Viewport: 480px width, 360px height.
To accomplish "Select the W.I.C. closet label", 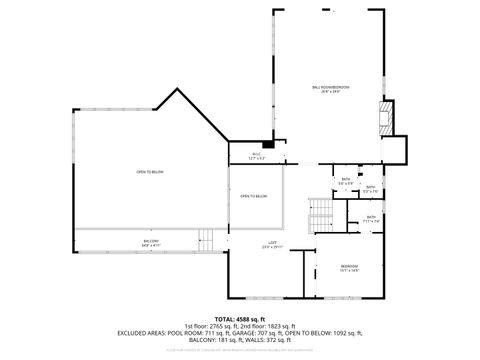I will point(256,155).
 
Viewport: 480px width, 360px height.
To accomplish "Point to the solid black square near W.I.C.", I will point(268,145).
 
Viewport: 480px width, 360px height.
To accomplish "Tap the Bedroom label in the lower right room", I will point(348,266).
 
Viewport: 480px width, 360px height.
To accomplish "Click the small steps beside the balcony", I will point(207,240).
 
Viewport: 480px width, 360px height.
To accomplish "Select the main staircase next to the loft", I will point(320,213).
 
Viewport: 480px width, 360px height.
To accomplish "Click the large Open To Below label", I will point(151,173).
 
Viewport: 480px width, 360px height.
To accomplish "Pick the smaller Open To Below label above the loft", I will point(253,196).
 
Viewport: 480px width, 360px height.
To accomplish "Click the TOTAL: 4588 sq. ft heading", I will point(239,319).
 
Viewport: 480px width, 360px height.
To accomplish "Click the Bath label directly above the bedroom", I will point(371,219).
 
